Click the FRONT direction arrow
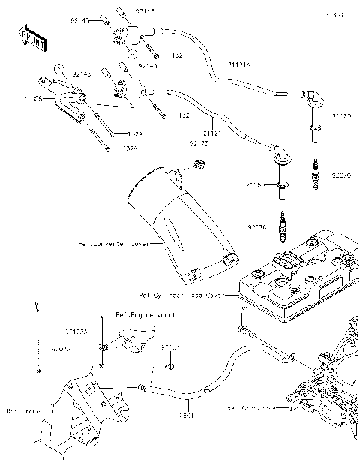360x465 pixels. [x=30, y=34]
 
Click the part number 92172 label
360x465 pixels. [x=197, y=142]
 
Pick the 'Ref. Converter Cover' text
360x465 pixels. [x=109, y=244]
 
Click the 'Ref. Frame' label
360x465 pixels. [x=22, y=411]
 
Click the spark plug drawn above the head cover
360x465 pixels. [x=283, y=228]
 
